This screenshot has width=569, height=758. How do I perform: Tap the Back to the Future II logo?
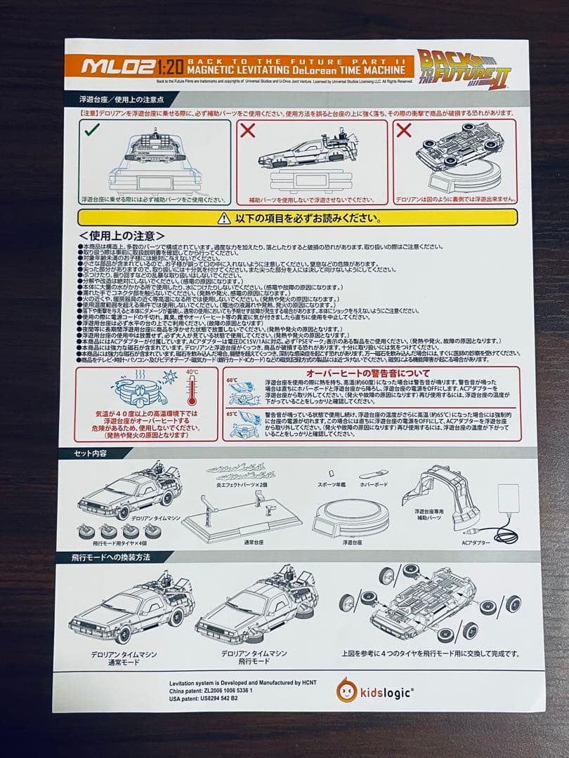tap(464, 68)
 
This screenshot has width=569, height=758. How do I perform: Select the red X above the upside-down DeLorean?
tap(403, 130)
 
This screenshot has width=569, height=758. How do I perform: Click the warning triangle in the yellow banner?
tap(223, 218)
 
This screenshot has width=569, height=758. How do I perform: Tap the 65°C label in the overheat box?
tap(233, 413)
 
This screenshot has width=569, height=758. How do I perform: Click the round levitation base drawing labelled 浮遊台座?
tap(351, 518)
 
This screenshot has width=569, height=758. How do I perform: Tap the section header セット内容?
tap(91, 453)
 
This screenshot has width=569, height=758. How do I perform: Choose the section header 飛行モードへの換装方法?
tap(113, 557)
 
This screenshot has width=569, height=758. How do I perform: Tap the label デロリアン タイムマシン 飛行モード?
tap(254, 658)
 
